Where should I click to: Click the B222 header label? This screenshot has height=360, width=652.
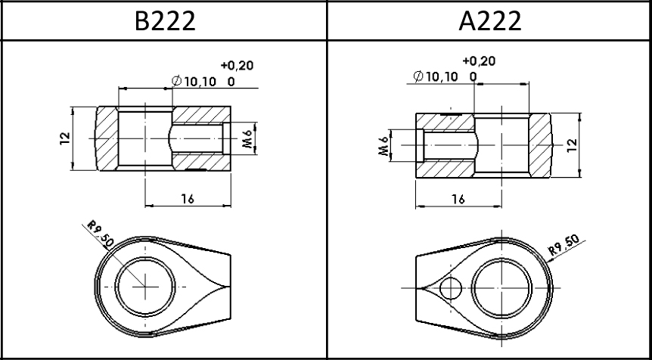(x=165, y=20)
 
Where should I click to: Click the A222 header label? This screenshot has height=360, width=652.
(x=490, y=20)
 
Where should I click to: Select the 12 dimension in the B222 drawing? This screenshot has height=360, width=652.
(x=65, y=138)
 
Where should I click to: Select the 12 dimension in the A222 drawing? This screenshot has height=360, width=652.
(x=573, y=144)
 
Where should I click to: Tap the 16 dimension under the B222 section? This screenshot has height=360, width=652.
(x=188, y=199)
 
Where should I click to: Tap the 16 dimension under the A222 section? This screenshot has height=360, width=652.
(x=458, y=199)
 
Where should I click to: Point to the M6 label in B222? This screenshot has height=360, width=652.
(x=248, y=138)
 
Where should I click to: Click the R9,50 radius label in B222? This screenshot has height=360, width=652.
(x=100, y=234)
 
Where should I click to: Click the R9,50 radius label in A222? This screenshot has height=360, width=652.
(x=564, y=245)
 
